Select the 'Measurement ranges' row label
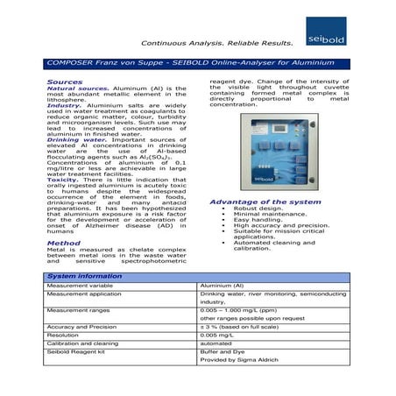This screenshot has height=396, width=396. [80, 309]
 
